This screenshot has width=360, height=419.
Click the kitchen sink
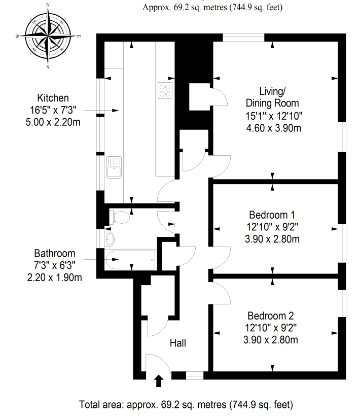pyautogui.click(x=114, y=167)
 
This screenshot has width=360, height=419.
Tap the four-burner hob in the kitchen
pyautogui.click(x=165, y=91)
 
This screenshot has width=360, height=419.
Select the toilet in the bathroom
pyautogui.click(x=119, y=217)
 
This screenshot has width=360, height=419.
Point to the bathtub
pyautogui.click(x=130, y=260)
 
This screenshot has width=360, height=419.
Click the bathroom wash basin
pyautogui.click(x=110, y=238)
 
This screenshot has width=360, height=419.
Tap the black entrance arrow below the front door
pyautogui.click(x=159, y=380)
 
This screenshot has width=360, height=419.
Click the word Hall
pyautogui.click(x=178, y=343)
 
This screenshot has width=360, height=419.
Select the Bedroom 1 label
pyautogui.click(x=272, y=215)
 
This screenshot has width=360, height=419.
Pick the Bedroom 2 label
pyautogui.click(x=271, y=316)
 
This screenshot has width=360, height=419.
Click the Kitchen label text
pyautogui.click(x=53, y=98)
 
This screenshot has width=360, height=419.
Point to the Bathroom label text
pyautogui.click(x=54, y=253)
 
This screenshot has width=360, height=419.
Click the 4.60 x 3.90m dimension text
pyautogui.click(x=273, y=128)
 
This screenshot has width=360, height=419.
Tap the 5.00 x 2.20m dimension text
pyautogui.click(x=53, y=122)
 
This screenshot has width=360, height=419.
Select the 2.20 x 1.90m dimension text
pyautogui.click(x=54, y=277)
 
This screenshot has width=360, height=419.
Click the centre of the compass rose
pyautogui.click(x=48, y=36)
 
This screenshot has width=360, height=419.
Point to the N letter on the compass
pyautogui.click(x=48, y=5)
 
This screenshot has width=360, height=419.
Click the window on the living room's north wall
pyautogui.click(x=243, y=38)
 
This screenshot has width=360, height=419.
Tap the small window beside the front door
pyautogui.click(x=195, y=375)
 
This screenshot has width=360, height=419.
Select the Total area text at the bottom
pyautogui.click(x=186, y=405)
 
